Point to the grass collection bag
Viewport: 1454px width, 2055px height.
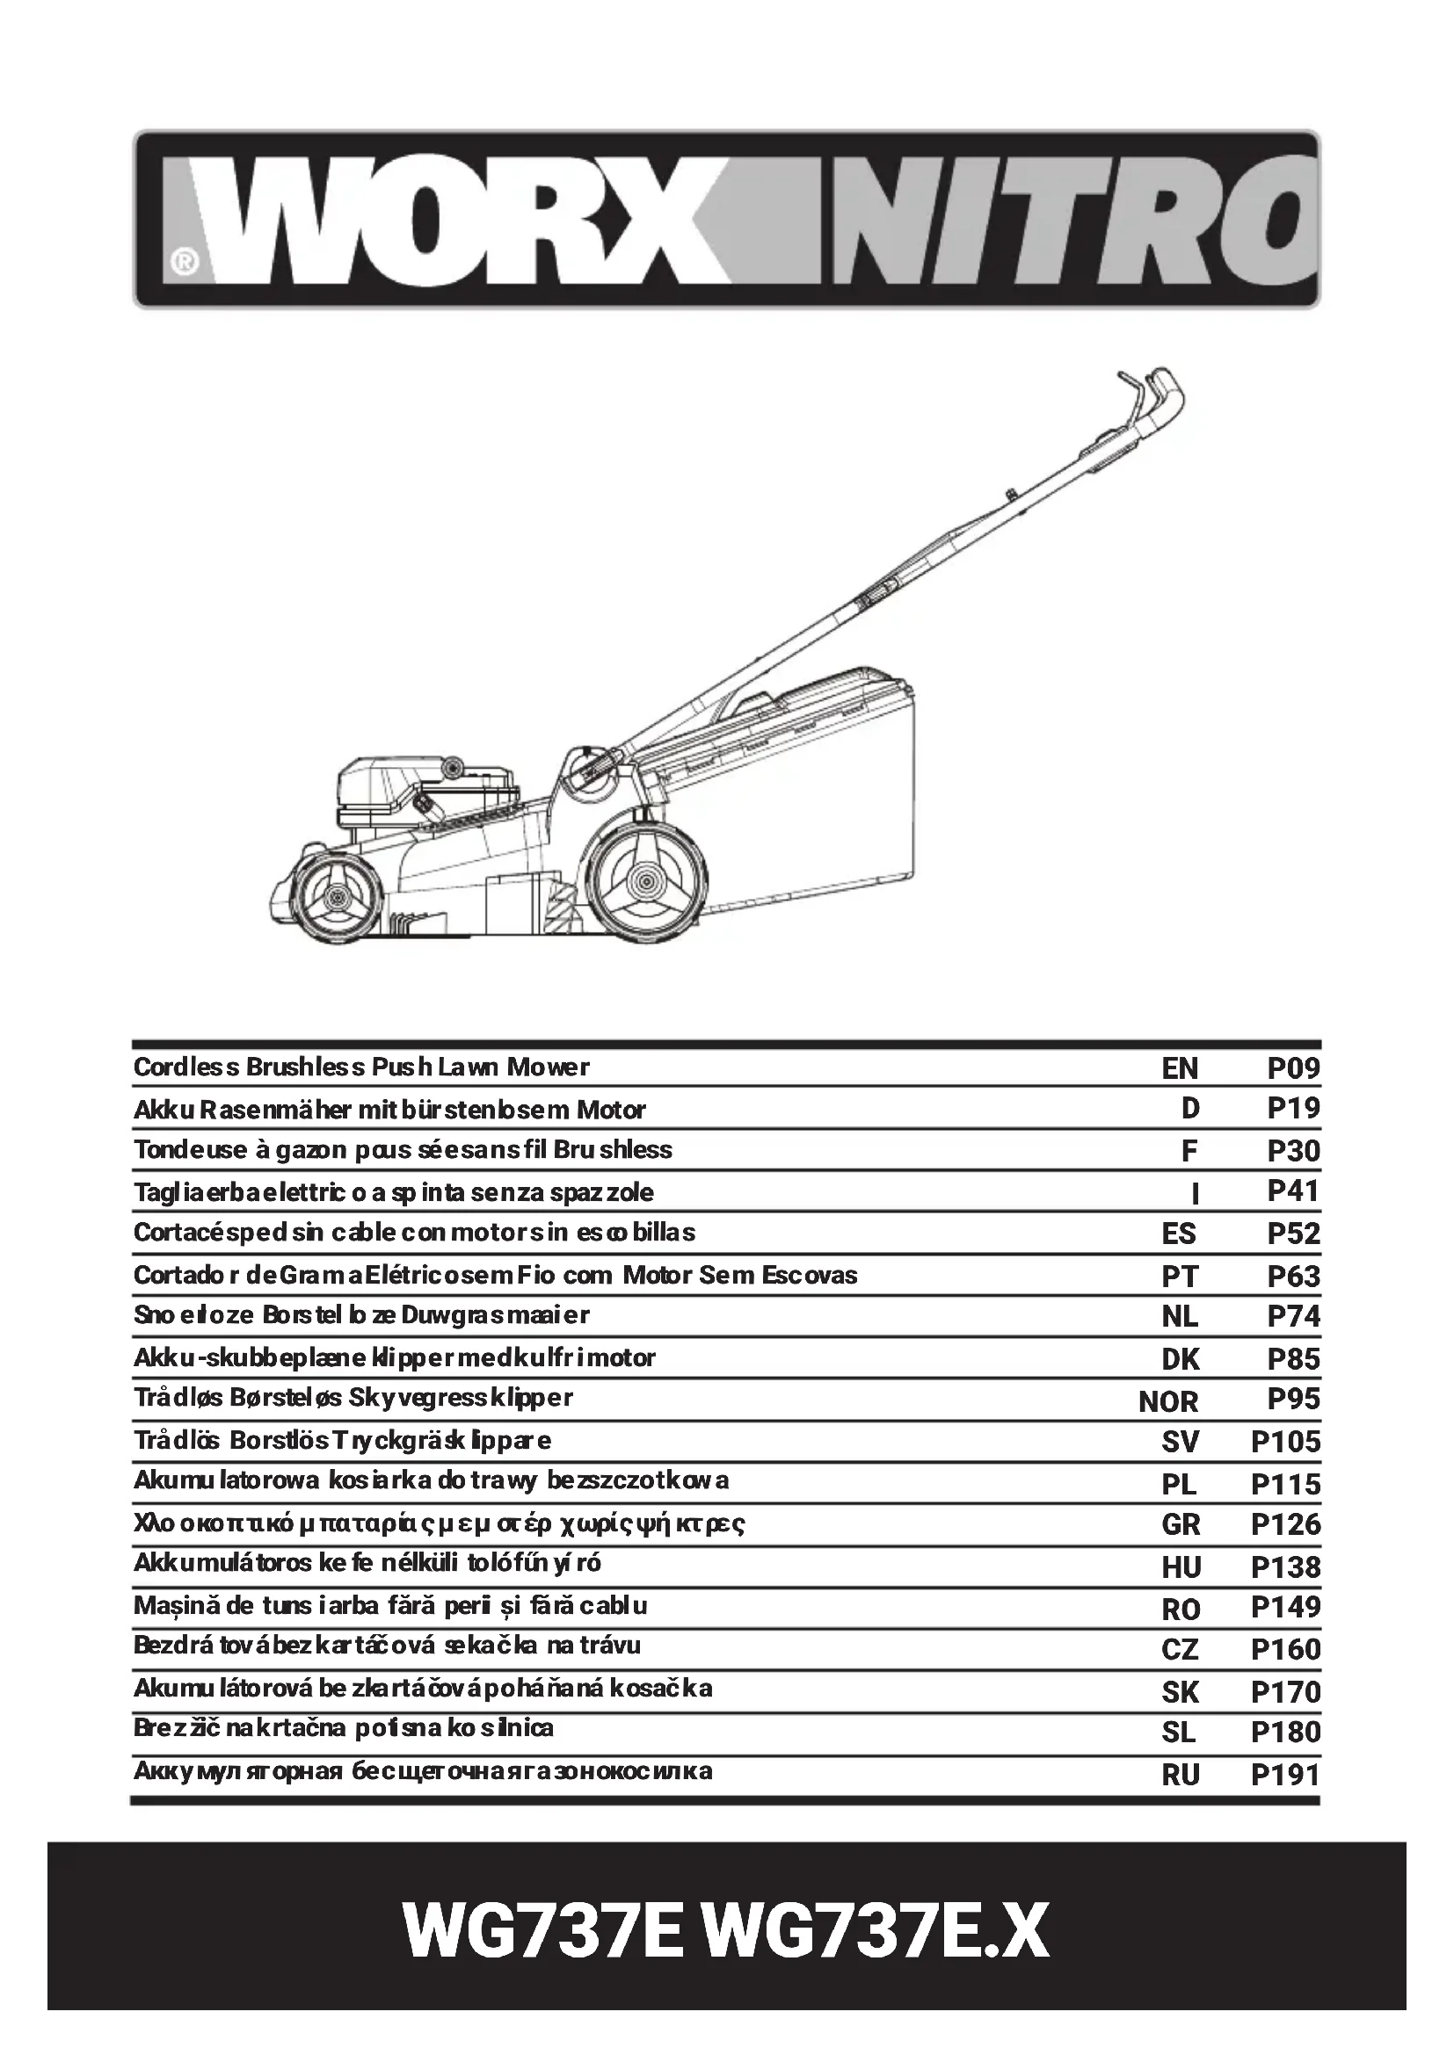(806, 787)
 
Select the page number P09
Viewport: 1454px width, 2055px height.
(1293, 1067)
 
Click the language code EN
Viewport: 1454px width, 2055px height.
(1179, 1067)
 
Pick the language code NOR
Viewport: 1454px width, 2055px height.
(1167, 1400)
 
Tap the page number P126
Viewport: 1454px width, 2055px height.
(1285, 1524)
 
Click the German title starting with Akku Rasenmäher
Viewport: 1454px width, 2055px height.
(389, 1110)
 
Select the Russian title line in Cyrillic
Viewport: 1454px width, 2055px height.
(423, 1770)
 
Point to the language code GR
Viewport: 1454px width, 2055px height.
(1180, 1524)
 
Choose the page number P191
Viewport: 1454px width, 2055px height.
(1285, 1774)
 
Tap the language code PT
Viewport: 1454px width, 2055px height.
(1179, 1277)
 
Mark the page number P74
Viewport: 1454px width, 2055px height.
(1293, 1317)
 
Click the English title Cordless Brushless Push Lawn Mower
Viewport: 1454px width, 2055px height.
(361, 1067)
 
